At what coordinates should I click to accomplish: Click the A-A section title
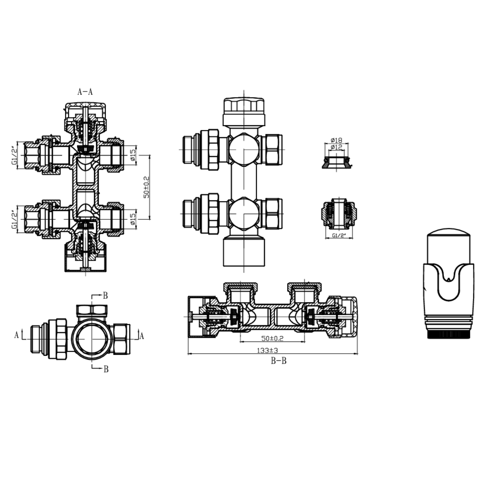pyautogui.click(x=85, y=92)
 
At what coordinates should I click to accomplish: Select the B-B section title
pyautogui.click(x=279, y=361)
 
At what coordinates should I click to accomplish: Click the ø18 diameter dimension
pyautogui.click(x=337, y=140)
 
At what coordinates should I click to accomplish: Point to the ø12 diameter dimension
pyautogui.click(x=337, y=147)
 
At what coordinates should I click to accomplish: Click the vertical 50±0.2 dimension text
pyautogui.click(x=146, y=187)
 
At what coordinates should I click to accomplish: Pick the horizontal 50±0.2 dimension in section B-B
pyautogui.click(x=272, y=338)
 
